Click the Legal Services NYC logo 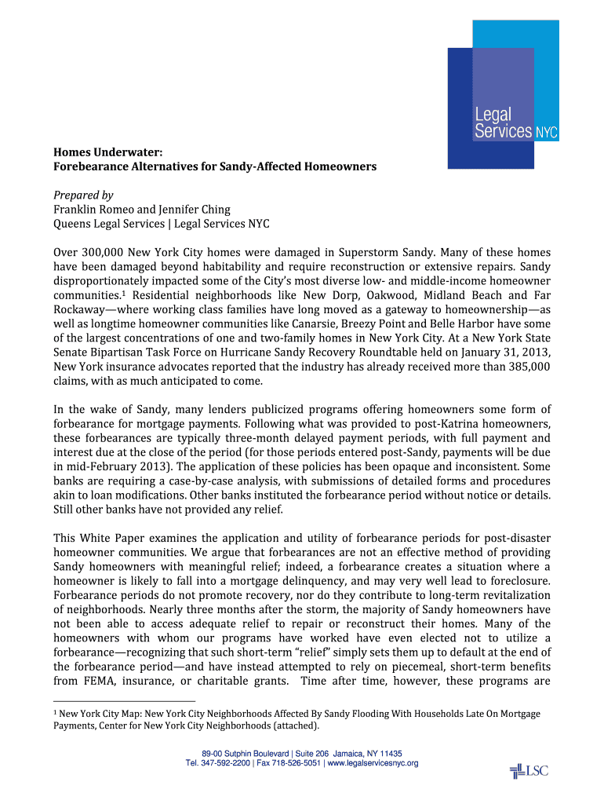[x=503, y=94]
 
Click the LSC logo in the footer [x=528, y=771]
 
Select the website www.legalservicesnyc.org [x=373, y=763]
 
